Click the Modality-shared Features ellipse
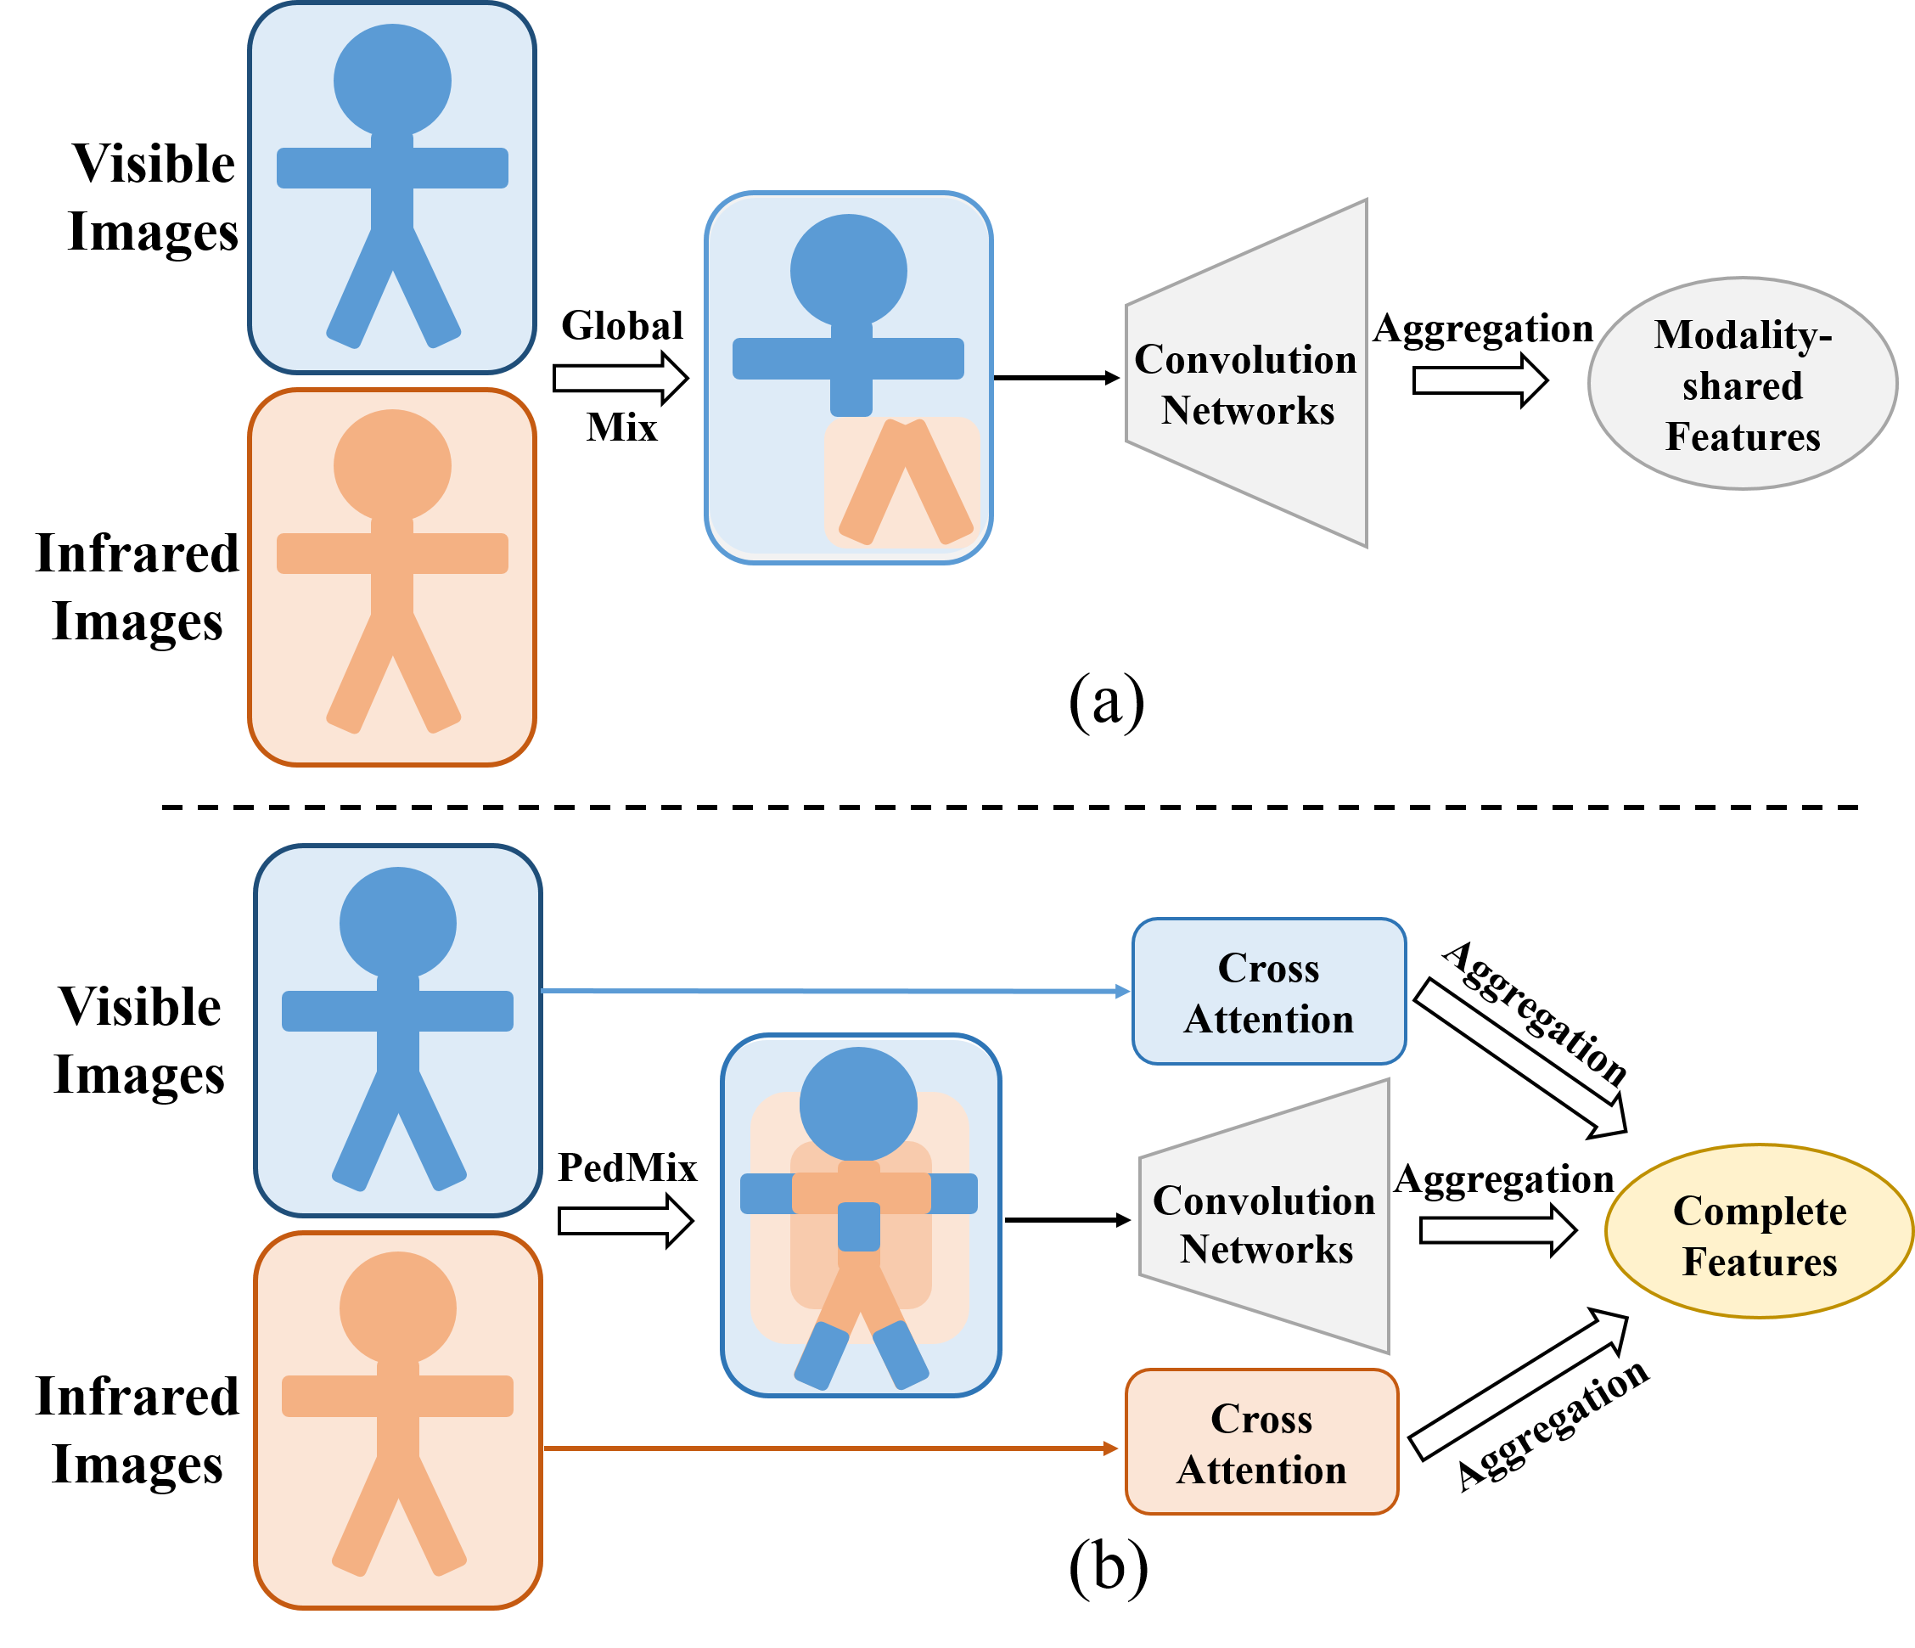coord(1742,384)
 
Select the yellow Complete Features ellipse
coord(1759,1231)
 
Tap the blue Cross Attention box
coord(1269,992)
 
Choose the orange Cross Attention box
coord(1261,1443)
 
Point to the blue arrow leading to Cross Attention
coord(832,992)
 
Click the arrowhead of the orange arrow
coord(1111,1448)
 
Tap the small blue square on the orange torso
coord(858,1227)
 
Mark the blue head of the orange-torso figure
coord(858,1104)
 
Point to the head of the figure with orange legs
coord(849,272)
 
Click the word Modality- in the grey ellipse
coord(1742,335)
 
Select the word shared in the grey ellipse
coord(1742,386)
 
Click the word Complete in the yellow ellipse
coord(1760,1211)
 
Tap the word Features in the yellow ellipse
coord(1760,1263)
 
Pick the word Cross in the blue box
coord(1268,968)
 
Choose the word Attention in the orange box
coord(1261,1471)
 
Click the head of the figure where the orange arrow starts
coord(397,1308)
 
